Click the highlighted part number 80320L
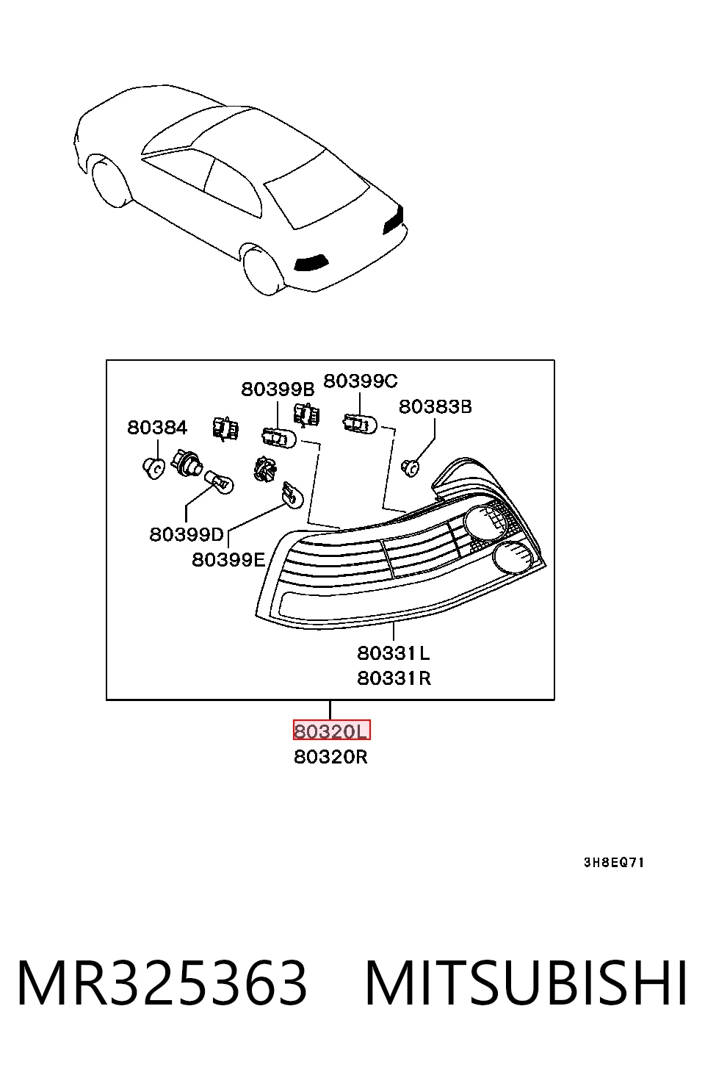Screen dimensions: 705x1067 coord(331,730)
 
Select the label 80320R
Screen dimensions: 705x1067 coord(331,757)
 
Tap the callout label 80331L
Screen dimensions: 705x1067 coord(394,653)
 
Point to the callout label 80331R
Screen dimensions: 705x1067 coord(394,678)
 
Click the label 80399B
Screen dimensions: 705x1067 coord(278,389)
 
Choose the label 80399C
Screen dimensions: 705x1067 coord(361,381)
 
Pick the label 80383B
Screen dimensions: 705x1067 coord(435,407)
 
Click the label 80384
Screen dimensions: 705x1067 coord(157,428)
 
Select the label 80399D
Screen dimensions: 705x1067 coord(187,534)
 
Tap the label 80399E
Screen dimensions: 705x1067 coord(228,560)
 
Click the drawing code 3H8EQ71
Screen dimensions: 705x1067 coord(614,862)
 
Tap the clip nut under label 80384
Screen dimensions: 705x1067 coord(153,468)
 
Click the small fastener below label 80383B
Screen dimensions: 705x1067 coord(410,468)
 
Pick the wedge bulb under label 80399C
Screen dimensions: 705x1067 coord(360,424)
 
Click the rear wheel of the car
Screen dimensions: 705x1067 coord(263,270)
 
